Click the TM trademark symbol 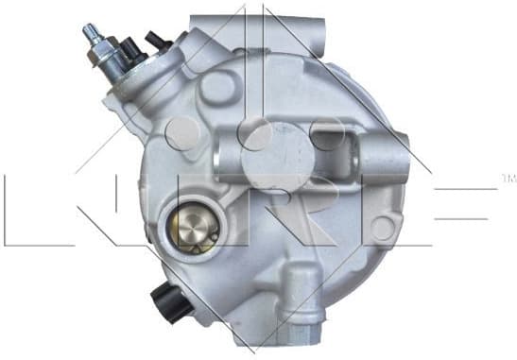pos(508,176)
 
